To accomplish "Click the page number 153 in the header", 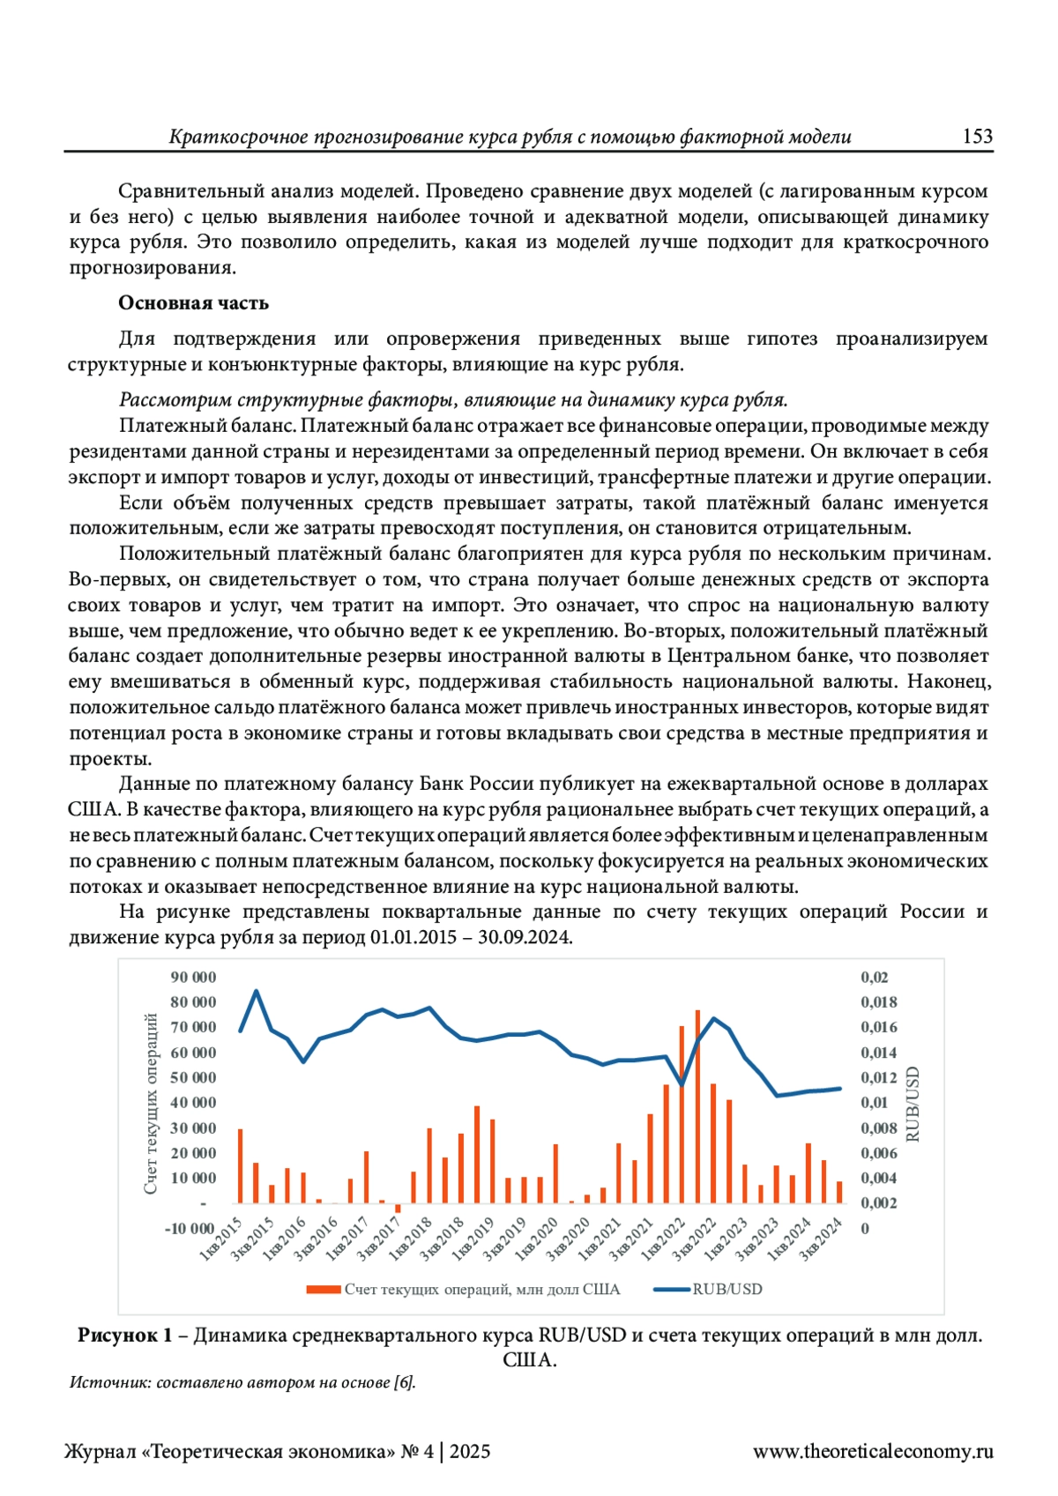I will tap(977, 137).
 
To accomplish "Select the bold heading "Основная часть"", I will tap(193, 303).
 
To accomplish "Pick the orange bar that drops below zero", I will tap(398, 1208).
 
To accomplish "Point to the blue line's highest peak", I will tap(257, 991).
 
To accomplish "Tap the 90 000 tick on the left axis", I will tap(193, 977).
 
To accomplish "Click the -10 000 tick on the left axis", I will tap(190, 1228).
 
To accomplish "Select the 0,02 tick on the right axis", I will tap(874, 977).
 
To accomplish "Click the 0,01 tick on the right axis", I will tap(874, 1102).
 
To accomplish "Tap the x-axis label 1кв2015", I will tap(221, 1239).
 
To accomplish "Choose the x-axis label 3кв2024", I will tap(821, 1239).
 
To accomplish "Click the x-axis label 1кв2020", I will tap(537, 1239).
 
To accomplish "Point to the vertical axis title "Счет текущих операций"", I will tap(151, 1103).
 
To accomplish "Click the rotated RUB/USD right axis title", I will tap(913, 1104).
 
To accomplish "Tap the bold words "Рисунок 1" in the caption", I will tap(124, 1336).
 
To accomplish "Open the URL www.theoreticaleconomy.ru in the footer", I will tap(872, 1452).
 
